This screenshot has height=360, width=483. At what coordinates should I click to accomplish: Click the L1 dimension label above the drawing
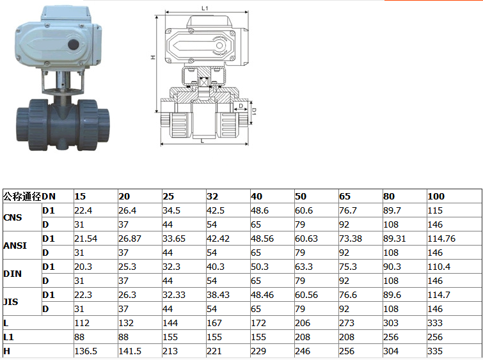point(205,8)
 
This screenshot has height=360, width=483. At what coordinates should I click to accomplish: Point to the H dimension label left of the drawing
point(153,58)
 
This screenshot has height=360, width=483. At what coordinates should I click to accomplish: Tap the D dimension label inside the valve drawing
point(241,106)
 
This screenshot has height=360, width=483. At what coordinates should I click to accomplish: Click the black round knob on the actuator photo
point(74,44)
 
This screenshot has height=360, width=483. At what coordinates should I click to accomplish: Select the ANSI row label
point(15,246)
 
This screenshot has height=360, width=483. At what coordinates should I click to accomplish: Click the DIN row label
point(13,274)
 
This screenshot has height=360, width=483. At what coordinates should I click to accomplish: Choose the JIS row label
point(11,302)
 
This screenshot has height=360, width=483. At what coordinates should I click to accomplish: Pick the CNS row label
point(13,217)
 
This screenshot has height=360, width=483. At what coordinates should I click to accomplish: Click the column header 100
point(436,196)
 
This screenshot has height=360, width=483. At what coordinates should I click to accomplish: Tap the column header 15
point(80,196)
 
